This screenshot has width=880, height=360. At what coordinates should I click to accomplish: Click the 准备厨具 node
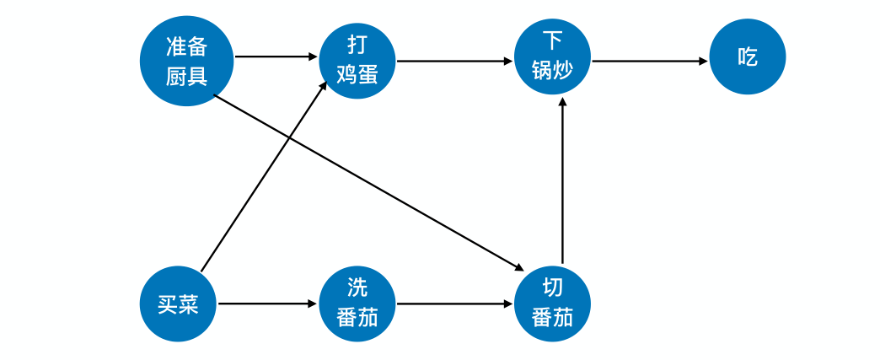click(186, 61)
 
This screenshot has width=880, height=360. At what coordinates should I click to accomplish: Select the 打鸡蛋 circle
click(357, 61)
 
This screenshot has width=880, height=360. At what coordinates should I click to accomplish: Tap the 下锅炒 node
click(552, 56)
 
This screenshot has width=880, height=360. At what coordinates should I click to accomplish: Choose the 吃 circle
click(748, 57)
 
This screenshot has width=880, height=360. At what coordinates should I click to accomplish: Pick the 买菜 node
click(178, 304)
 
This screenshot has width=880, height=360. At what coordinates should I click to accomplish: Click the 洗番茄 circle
click(357, 304)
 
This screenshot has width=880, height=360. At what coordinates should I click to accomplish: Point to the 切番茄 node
click(552, 304)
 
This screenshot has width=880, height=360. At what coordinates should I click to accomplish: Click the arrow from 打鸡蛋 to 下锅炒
click(454, 61)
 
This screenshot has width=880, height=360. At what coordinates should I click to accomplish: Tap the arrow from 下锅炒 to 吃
click(649, 61)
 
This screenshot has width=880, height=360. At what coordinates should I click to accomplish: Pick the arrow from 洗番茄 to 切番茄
click(454, 304)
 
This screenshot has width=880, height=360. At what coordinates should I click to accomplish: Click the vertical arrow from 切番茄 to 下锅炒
click(562, 181)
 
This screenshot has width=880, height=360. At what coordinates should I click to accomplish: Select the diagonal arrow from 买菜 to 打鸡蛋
click(263, 176)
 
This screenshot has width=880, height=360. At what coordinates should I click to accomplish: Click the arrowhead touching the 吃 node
click(702, 61)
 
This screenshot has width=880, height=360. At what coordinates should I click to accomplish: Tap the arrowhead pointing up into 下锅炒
click(562, 102)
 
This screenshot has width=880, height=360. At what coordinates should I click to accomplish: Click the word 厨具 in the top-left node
click(186, 77)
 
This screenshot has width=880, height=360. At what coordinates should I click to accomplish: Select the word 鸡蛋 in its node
click(357, 74)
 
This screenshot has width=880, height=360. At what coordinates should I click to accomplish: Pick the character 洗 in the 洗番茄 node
click(357, 287)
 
